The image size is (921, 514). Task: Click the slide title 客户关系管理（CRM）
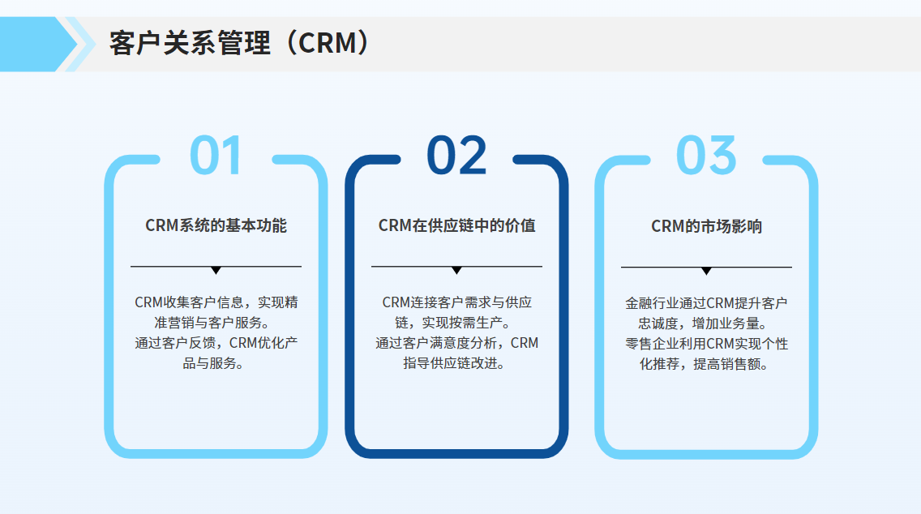point(239,44)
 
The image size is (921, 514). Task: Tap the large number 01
point(216,155)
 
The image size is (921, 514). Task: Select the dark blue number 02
point(457,155)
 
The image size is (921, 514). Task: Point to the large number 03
point(706,155)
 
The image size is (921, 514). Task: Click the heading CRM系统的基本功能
point(216,225)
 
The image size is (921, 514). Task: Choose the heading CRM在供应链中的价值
point(457,225)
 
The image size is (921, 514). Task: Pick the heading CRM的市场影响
point(707,226)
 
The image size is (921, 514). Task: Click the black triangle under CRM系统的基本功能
point(216,270)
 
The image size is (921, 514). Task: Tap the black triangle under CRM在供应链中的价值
point(456,270)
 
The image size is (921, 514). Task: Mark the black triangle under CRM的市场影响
point(707,271)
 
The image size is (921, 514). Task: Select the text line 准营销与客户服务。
point(212,323)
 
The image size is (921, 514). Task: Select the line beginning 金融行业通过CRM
point(706,303)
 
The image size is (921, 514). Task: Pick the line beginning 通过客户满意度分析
point(457,343)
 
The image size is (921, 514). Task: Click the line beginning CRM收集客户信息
point(216,302)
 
